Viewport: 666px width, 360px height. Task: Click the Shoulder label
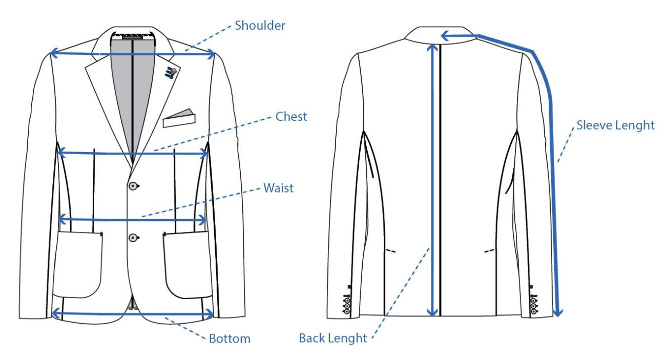[x=260, y=25]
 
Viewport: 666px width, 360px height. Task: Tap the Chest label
[x=291, y=117]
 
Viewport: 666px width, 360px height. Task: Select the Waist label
[x=278, y=188]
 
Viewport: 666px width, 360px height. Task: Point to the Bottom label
[x=230, y=338]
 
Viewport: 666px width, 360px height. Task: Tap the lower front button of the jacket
[x=134, y=238]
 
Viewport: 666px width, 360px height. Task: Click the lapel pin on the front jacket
[x=171, y=73]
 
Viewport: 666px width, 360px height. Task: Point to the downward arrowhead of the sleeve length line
[x=558, y=312]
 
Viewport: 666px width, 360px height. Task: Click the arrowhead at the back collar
[x=445, y=36]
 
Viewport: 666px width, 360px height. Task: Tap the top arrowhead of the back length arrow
[x=432, y=48]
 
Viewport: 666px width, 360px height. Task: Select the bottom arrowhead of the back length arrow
[x=432, y=311]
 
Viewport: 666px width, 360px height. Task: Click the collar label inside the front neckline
[x=133, y=37]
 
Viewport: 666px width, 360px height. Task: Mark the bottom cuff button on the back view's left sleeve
[x=346, y=311]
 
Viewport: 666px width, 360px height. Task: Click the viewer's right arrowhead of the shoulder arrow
[x=211, y=54]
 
